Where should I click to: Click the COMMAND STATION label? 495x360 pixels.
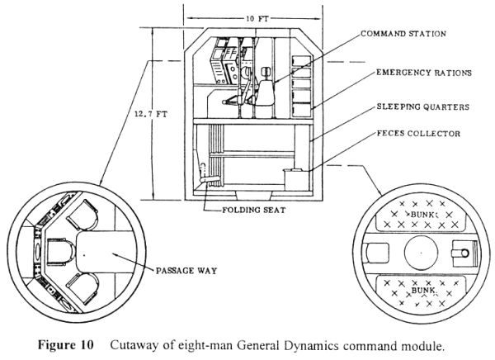click(x=403, y=34)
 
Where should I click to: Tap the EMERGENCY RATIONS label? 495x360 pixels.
click(x=424, y=73)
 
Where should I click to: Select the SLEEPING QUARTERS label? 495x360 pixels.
click(x=422, y=107)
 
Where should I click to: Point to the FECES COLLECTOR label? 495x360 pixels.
click(x=418, y=134)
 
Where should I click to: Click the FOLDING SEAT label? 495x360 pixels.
click(x=254, y=210)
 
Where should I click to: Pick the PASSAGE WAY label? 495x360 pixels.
click(x=186, y=271)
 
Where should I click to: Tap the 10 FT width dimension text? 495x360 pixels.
click(x=257, y=19)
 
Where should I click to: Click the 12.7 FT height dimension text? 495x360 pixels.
click(x=151, y=114)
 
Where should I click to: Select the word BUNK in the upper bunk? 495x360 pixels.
click(x=422, y=215)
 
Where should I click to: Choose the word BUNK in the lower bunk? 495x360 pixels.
click(x=423, y=290)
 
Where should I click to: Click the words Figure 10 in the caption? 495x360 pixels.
click(x=66, y=344)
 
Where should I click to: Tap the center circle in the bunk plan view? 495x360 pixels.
click(x=421, y=253)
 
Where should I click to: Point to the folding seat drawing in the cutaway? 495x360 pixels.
click(x=208, y=175)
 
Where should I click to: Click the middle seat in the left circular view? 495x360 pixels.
click(x=61, y=252)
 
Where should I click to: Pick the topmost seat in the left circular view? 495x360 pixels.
click(x=82, y=215)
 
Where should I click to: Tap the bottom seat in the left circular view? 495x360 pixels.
click(x=83, y=289)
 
